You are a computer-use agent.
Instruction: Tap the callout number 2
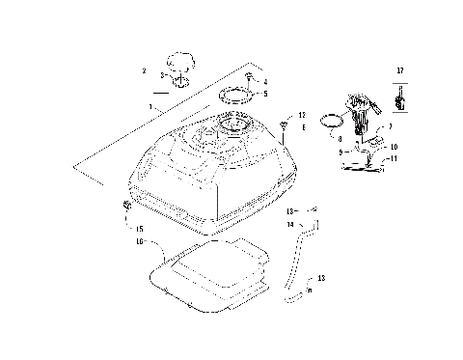pos(144,70)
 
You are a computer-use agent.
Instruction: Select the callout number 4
pos(265,82)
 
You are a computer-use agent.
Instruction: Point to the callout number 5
pos(265,94)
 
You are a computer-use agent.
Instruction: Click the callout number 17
pos(397,70)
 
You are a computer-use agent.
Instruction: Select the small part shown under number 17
pos(398,97)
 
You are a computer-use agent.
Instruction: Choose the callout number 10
pos(394,147)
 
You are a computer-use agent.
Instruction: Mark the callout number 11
pos(394,158)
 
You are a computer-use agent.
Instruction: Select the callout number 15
pos(139,229)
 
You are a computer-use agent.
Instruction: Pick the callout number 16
pos(139,240)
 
